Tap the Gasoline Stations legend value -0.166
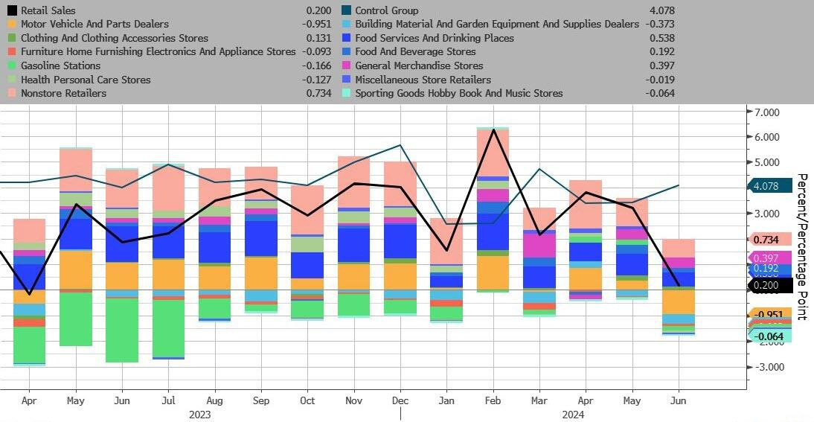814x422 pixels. pos(318,65)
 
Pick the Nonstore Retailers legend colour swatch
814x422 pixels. pos(11,93)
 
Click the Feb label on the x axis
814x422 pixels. pos(493,400)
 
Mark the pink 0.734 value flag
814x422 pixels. pos(766,240)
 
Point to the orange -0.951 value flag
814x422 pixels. pos(769,315)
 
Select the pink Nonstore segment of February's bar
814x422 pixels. pos(493,153)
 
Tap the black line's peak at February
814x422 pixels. pos(493,130)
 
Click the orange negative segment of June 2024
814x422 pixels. pos(679,302)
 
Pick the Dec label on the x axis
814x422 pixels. pos(400,400)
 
